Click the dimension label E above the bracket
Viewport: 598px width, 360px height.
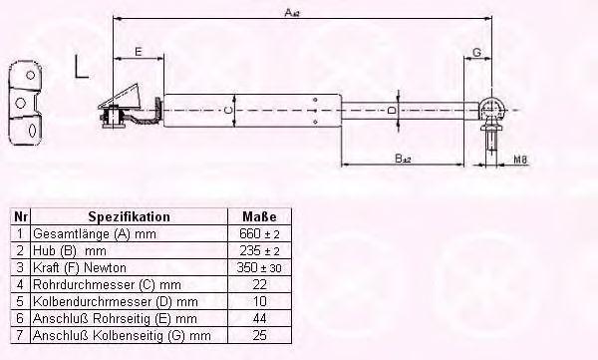[139, 51]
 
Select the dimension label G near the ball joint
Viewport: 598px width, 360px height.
[476, 52]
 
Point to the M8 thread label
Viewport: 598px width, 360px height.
[520, 160]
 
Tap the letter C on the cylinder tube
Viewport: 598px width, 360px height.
[227, 111]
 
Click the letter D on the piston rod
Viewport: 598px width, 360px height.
[392, 111]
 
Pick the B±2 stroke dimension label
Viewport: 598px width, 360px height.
[403, 158]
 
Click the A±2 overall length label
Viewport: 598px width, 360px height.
[292, 13]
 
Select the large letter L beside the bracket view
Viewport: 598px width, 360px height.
[82, 67]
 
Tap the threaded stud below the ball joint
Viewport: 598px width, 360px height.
[492, 142]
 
